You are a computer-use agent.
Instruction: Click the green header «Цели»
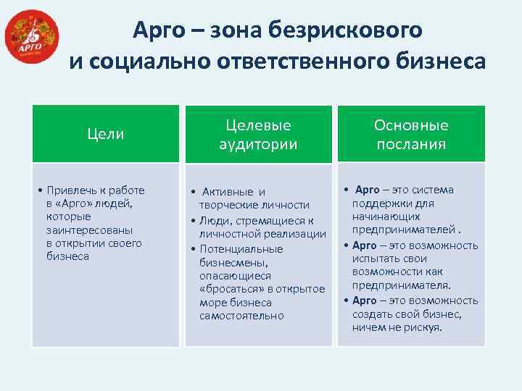(x=105, y=134)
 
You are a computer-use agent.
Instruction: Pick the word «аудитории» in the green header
(x=258, y=143)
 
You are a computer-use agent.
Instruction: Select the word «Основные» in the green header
(x=411, y=125)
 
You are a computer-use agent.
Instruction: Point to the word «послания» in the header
(x=411, y=143)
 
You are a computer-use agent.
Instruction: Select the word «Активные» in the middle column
(x=225, y=192)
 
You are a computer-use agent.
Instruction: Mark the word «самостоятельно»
(x=241, y=316)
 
